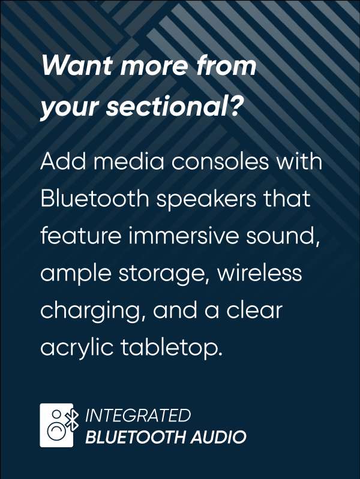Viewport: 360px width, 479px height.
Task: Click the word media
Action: coord(129,161)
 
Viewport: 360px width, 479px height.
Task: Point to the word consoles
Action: coord(220,161)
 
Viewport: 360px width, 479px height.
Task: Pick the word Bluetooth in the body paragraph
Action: coord(95,198)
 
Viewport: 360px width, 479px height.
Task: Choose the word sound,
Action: coord(283,236)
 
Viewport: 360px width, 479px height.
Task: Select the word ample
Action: coord(76,274)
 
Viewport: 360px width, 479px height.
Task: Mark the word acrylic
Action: coord(77,348)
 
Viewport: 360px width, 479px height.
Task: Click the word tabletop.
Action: coord(170,348)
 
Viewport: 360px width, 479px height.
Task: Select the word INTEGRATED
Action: coord(138,415)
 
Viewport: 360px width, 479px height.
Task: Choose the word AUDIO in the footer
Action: coord(218,437)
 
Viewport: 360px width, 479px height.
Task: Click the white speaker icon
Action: coord(56,425)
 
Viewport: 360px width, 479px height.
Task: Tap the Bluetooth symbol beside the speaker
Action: coord(73,420)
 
